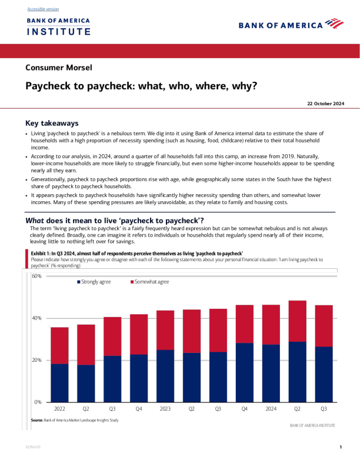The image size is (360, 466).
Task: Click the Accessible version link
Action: pos(43,9)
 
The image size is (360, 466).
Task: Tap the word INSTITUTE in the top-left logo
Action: pos(58,31)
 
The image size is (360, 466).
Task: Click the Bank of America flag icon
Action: pos(334,24)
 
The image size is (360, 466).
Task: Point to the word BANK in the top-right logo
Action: pos(249,25)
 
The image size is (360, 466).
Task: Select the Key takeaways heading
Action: pos(52,124)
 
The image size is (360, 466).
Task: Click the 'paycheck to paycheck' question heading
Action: pos(115,221)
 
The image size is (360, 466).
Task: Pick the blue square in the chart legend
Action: pos(79,282)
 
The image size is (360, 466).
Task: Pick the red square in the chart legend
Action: pos(132,282)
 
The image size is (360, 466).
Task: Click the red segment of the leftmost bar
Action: pos(59,345)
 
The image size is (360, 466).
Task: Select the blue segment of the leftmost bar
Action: pos(59,382)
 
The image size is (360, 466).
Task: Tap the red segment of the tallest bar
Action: pos(297,321)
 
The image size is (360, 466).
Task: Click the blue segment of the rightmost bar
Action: pos(324,374)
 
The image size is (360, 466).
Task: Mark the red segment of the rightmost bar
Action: pos(324,326)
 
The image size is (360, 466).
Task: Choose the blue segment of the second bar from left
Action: pos(86,383)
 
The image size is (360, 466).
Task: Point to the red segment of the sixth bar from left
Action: pos(192,331)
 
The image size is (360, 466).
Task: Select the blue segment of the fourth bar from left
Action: pos(139,378)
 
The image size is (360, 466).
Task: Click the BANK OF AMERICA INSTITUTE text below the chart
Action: pos(312,425)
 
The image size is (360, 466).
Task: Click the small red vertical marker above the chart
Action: pos(26,258)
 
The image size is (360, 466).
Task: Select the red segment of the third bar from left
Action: pos(112,337)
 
